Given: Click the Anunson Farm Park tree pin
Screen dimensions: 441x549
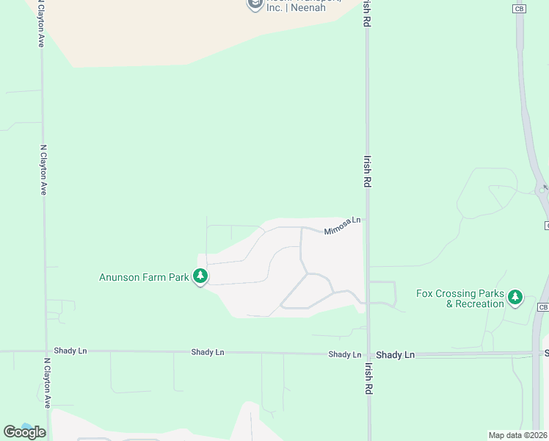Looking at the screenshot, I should coord(200,277).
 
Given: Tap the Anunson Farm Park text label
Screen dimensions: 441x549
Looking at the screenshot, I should coord(144,277).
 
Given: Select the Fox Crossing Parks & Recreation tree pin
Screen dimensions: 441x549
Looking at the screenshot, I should coord(515,297).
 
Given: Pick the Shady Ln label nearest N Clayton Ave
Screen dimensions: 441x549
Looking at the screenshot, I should coord(70,351).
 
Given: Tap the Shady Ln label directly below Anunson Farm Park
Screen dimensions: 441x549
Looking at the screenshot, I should coord(208,352).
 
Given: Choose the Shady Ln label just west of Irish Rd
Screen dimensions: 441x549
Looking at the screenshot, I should coord(345,354).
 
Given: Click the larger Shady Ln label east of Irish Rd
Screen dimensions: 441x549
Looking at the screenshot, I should coord(396,354).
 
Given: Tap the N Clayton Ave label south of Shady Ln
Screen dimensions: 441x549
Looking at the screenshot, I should coord(46,383).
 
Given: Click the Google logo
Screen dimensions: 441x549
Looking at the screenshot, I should coord(24,431).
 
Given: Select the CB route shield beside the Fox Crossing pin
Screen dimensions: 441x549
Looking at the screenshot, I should coord(542,306).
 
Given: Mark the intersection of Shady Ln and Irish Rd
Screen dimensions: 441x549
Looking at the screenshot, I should coord(368,354).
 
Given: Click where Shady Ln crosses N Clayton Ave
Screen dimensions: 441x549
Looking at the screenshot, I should coord(44,351).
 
